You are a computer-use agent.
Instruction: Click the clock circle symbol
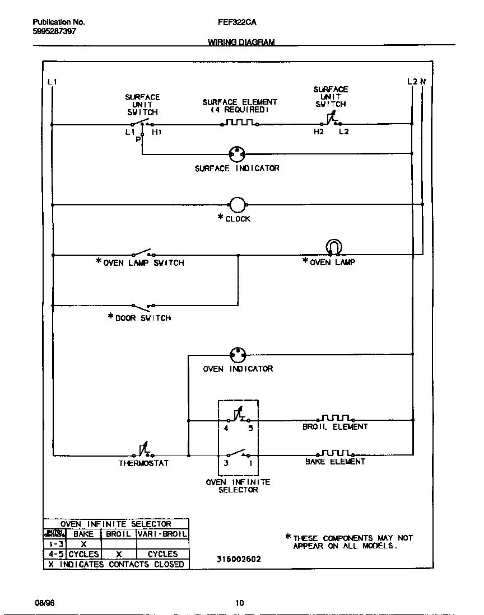tap(238, 205)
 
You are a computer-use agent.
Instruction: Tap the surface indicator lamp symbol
tap(238, 153)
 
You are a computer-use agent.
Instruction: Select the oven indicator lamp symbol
tap(238, 355)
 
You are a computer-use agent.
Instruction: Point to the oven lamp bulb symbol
tap(333, 247)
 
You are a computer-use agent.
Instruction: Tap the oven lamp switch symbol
tap(143, 253)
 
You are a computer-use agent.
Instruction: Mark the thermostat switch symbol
tap(144, 452)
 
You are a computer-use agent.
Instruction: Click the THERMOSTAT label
tap(143, 463)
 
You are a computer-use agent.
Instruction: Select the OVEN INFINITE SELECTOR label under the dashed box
tap(238, 486)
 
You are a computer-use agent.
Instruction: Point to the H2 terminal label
tap(318, 132)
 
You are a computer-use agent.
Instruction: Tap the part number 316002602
tap(238, 559)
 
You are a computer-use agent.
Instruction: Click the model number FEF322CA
tap(233, 23)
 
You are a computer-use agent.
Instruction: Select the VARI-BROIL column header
tap(162, 534)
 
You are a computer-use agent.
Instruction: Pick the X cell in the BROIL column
tap(118, 554)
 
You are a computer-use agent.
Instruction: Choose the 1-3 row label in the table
tap(55, 544)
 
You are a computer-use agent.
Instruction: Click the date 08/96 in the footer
tap(44, 603)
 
